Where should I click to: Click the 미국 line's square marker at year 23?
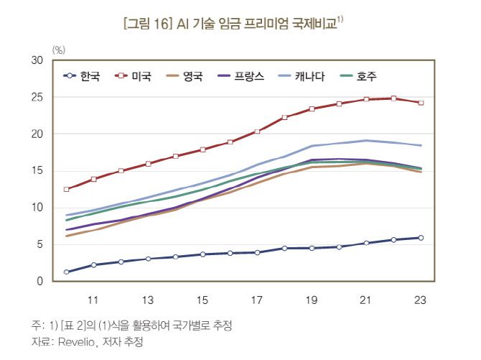pos(421,103)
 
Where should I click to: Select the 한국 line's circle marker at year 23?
pos(421,238)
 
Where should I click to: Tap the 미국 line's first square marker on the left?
pos(67,190)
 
